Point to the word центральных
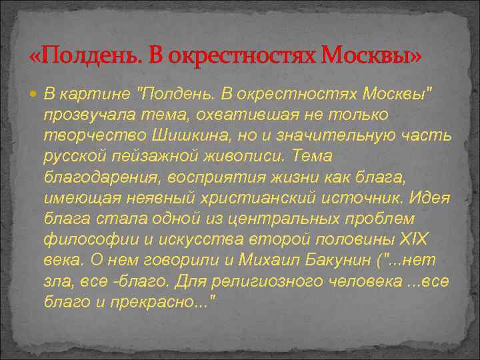point(273,219)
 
